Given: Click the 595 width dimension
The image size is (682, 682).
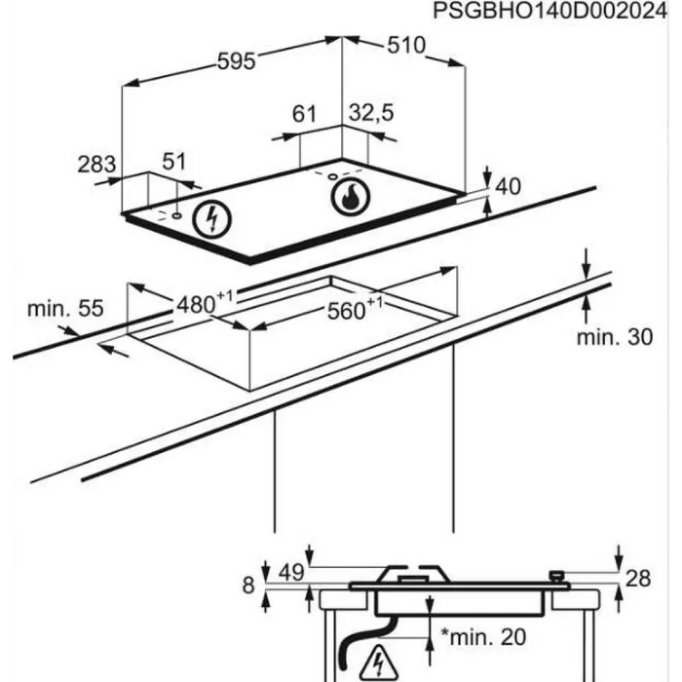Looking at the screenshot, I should point(236,61).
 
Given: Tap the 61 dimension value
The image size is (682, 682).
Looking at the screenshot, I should point(305,114).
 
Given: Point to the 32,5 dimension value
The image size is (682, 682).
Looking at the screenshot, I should point(370,114).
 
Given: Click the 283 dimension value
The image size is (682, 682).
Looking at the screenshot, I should point(96,164).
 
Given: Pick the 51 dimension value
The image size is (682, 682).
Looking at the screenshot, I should point(172,162).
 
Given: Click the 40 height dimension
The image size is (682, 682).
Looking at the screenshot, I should point(510,186).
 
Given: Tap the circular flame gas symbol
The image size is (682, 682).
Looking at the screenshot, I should point(350,198).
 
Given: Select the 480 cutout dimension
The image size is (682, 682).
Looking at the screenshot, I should point(199,303).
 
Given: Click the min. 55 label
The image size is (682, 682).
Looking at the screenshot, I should point(64,309).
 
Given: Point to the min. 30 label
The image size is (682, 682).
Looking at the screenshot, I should point(614,338).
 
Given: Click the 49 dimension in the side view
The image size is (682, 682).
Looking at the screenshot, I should point(291,571).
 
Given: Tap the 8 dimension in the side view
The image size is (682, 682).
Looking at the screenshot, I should point(248,586).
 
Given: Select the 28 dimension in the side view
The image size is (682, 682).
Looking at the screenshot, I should point(637,579).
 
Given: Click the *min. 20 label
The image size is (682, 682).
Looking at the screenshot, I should point(482,638).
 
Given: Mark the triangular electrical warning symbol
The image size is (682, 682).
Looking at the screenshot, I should point(375,665).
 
